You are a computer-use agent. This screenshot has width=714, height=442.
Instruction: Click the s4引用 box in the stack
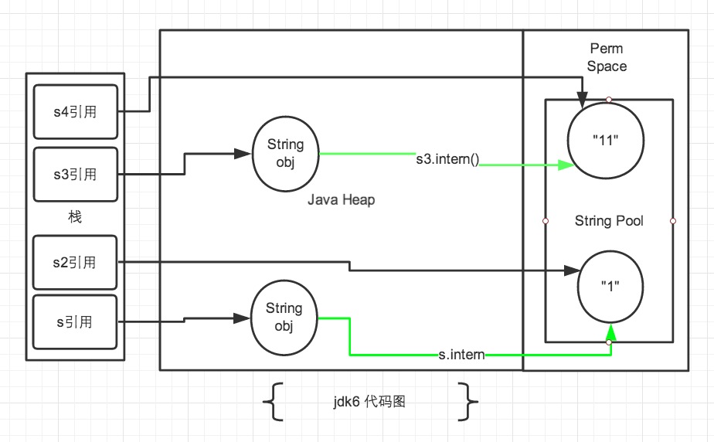coord(75,111)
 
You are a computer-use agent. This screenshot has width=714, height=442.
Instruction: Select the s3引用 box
coord(75,174)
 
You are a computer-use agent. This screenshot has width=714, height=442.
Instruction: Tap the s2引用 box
coord(75,263)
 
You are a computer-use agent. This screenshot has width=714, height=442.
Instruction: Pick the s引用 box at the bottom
coord(75,321)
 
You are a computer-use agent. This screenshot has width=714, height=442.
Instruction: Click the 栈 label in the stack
coord(75,219)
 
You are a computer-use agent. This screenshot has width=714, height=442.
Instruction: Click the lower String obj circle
coord(284,318)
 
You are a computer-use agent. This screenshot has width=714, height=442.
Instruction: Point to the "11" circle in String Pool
coord(607,140)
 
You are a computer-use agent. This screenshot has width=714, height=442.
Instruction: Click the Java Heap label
coord(341,200)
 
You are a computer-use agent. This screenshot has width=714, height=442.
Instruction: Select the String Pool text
coord(609,221)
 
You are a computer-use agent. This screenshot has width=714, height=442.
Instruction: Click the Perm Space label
coord(607,58)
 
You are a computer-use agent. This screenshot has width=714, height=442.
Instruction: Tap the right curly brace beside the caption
coord(468,402)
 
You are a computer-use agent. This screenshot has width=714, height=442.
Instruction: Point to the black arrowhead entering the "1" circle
coord(574,270)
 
